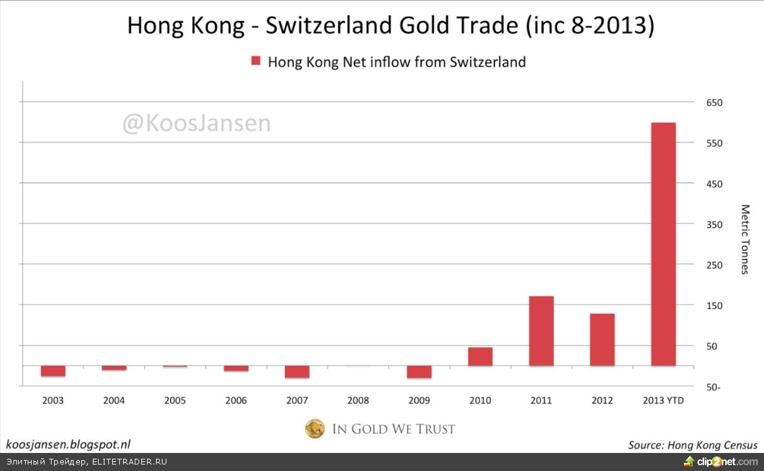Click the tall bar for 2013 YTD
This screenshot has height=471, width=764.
point(663,244)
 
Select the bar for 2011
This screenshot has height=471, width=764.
point(541,331)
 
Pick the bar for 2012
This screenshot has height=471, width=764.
point(602,340)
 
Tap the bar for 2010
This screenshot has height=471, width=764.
point(480,357)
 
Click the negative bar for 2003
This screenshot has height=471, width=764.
point(53,371)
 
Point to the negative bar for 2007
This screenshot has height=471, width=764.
point(297,372)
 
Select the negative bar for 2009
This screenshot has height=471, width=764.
point(419,372)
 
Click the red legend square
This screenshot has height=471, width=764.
point(255,62)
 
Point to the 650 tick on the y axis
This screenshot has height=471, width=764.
point(714,102)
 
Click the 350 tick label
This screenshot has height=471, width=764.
point(714,224)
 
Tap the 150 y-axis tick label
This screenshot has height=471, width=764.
point(714,305)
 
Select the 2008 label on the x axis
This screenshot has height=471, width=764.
point(358,400)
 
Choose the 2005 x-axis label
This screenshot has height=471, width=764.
point(175,400)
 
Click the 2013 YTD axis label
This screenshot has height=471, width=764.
point(663,400)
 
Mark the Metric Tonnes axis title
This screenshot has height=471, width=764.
point(745,239)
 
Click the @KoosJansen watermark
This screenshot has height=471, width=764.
point(197,122)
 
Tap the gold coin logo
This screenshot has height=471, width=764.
point(315,428)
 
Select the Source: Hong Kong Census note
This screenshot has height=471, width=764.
point(693,445)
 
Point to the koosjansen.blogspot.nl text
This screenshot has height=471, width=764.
point(68,444)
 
